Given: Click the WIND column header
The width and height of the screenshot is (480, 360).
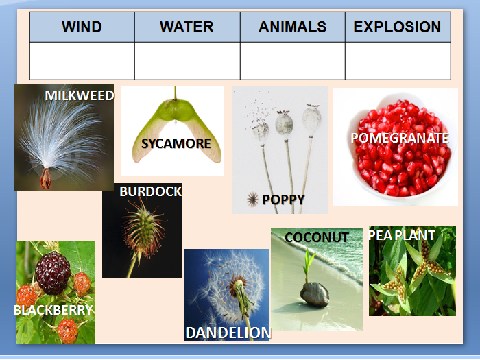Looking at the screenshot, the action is (x=82, y=27).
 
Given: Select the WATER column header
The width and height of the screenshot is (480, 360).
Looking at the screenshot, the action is (x=187, y=27).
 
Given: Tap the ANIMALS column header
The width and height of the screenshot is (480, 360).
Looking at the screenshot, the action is (x=293, y=27).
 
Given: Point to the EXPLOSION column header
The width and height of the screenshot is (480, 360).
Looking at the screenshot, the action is (x=398, y=27).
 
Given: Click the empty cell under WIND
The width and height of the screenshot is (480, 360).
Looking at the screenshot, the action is (x=82, y=61).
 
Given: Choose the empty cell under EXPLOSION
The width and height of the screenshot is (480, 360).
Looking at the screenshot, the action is (x=398, y=61).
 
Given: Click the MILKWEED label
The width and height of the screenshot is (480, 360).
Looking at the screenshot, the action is (x=80, y=95).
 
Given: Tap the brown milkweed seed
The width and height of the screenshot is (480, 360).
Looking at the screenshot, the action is (x=46, y=179).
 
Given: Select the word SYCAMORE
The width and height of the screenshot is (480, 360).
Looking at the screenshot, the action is (x=176, y=143).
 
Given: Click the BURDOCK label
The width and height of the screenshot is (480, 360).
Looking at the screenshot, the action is (x=150, y=191).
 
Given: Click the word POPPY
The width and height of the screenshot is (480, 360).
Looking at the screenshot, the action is (x=283, y=200).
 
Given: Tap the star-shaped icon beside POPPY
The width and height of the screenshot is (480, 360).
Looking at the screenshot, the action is (x=252, y=200).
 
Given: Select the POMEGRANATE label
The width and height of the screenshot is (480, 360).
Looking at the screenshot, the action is (x=400, y=138).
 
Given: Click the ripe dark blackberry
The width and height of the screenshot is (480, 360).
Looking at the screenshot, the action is (x=53, y=273).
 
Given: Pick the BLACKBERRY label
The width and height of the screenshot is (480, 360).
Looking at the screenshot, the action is (x=53, y=310).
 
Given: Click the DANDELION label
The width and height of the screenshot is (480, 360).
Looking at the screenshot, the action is (x=228, y=333).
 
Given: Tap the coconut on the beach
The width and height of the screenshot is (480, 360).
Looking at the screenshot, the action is (x=315, y=294).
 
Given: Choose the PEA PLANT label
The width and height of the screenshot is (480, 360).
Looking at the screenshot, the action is (x=402, y=235).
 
